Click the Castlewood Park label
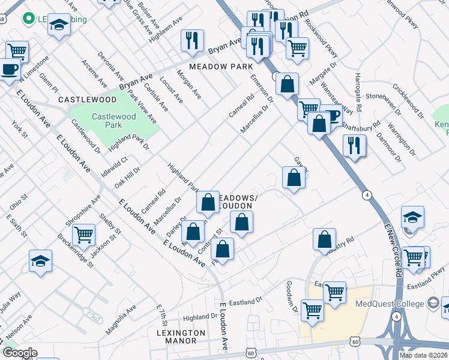click(x=105, y=120)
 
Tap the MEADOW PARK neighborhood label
click(x=217, y=67)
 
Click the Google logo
click(x=19, y=353)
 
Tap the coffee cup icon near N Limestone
click(x=10, y=69)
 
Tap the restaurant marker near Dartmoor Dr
click(x=354, y=145)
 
